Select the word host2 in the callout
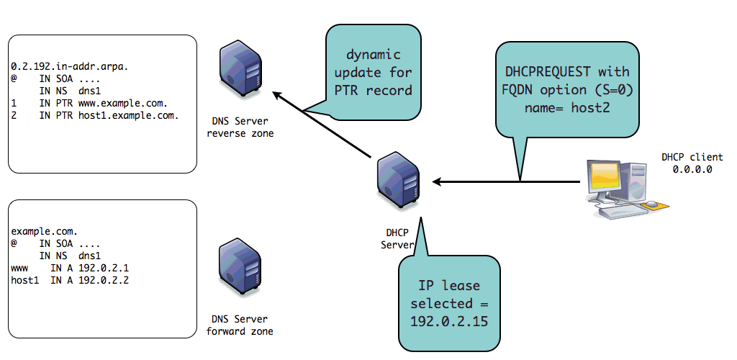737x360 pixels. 588,107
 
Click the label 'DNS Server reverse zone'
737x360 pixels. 241,127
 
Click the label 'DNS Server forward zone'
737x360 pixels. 240,325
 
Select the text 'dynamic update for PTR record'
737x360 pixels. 374,73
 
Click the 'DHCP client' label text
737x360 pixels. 692,157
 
